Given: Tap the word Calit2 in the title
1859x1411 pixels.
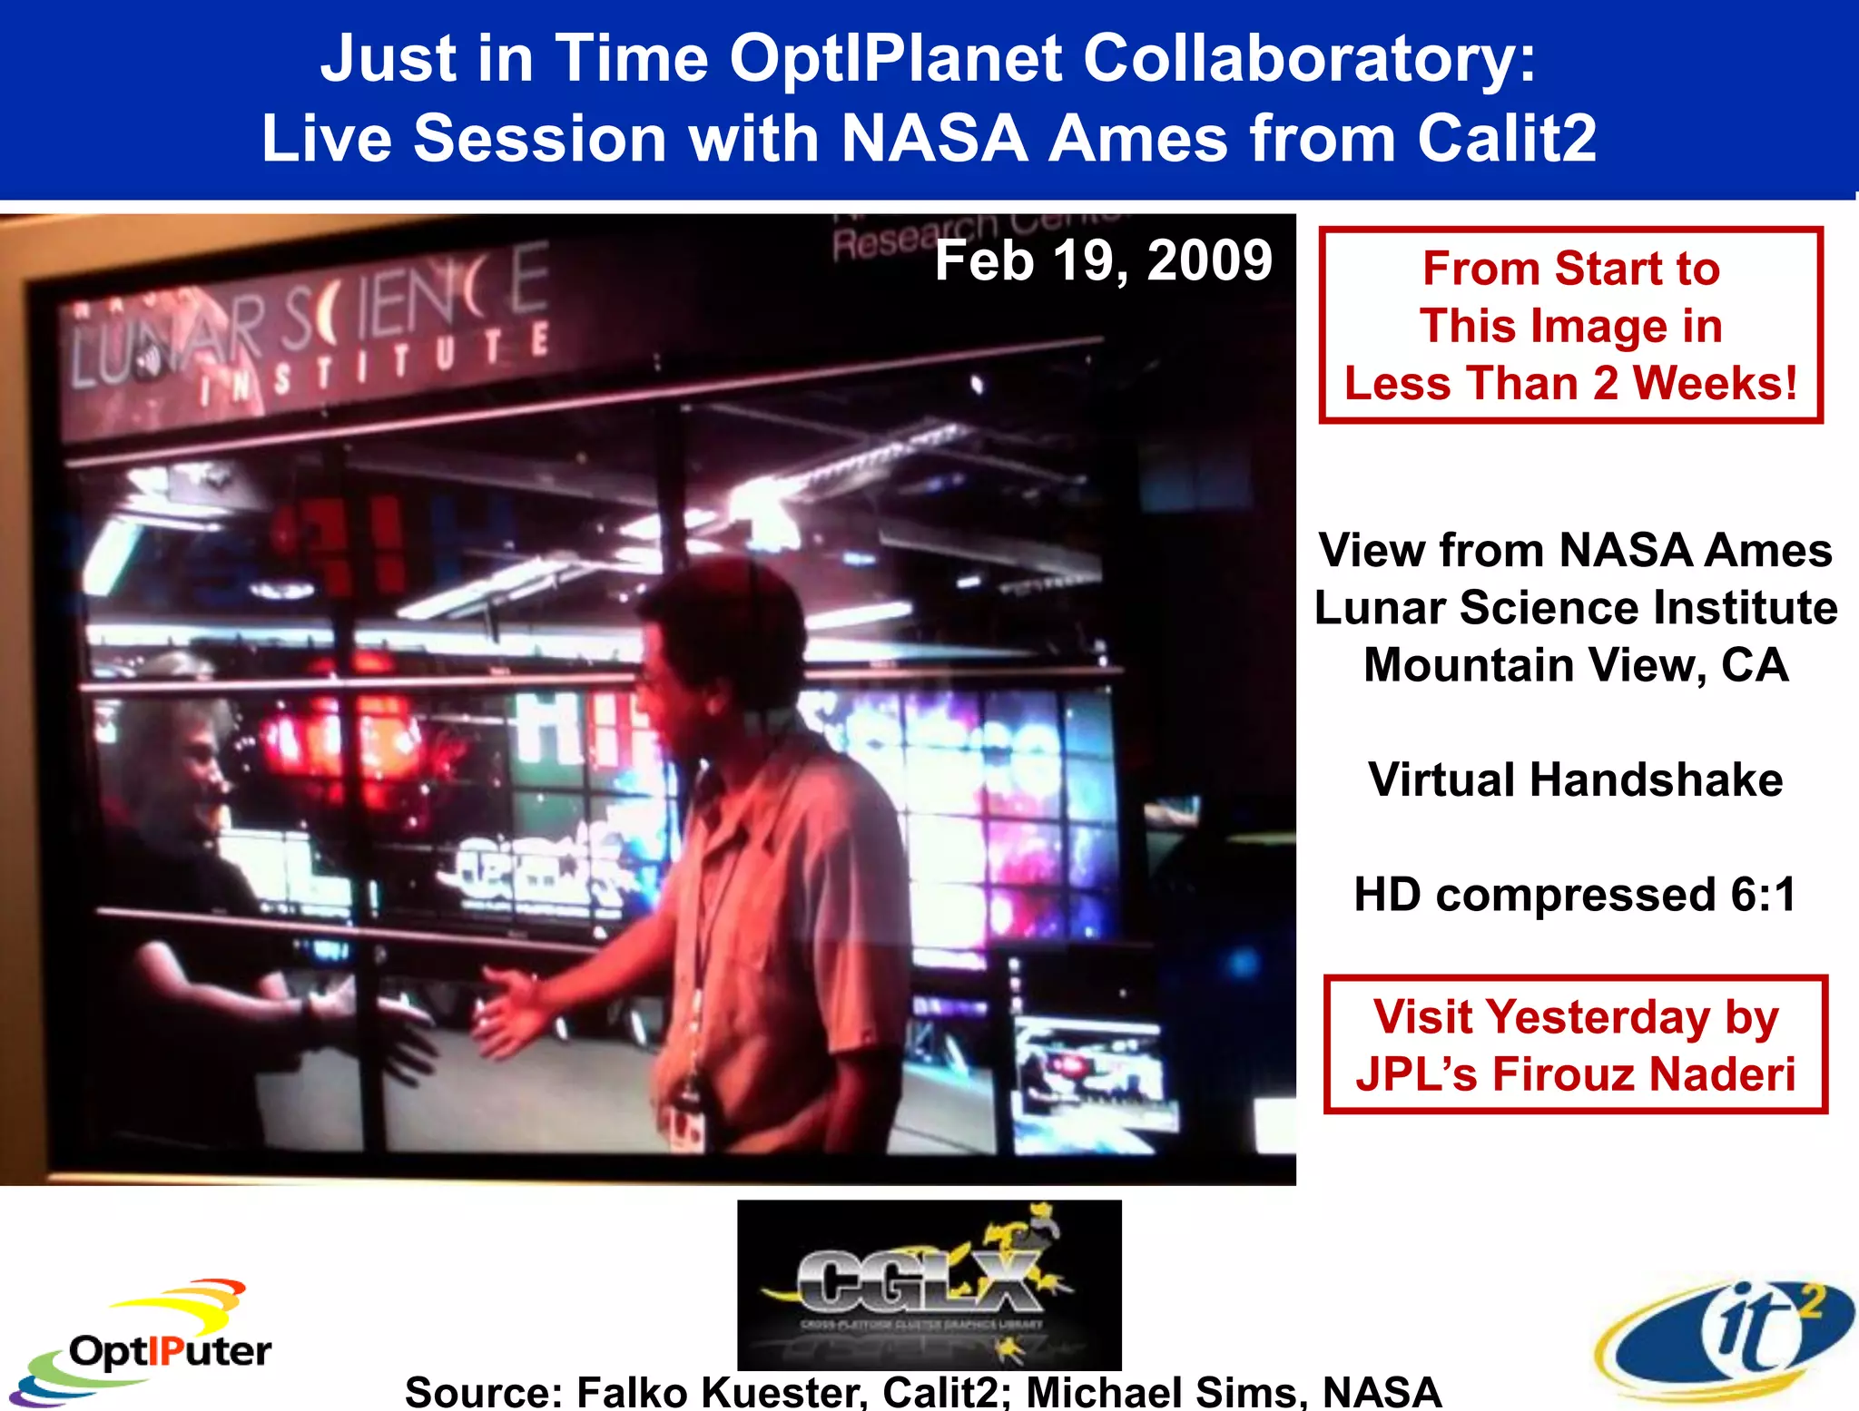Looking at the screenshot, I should coord(1507,139).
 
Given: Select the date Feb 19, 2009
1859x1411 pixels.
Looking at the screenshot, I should coord(1103,260).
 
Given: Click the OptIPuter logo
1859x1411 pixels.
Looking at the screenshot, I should coord(145,1343).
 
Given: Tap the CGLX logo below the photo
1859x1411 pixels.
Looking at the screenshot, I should coord(929,1284).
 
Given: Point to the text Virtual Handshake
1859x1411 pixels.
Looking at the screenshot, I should coord(1575,779).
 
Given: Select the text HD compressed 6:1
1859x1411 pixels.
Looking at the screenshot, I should coord(1575,895).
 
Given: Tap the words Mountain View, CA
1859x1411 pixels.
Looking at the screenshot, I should coord(1575,665).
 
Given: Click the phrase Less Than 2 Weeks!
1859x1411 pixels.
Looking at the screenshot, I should coord(1570,383).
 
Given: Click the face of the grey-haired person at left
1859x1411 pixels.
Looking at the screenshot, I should coord(195,767).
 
